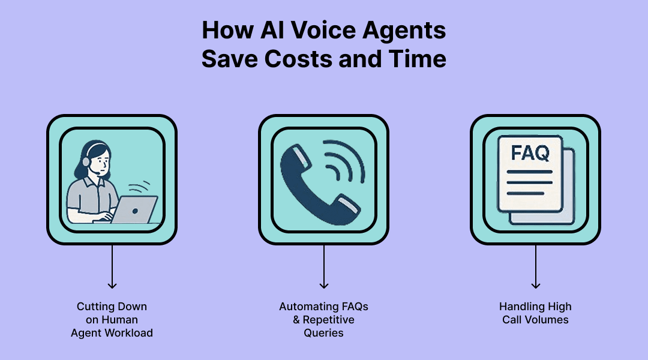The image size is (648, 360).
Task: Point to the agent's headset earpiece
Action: point(86,161)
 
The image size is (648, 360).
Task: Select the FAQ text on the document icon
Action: point(529,153)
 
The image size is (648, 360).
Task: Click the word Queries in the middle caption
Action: point(324,333)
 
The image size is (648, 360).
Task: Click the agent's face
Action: point(101,160)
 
